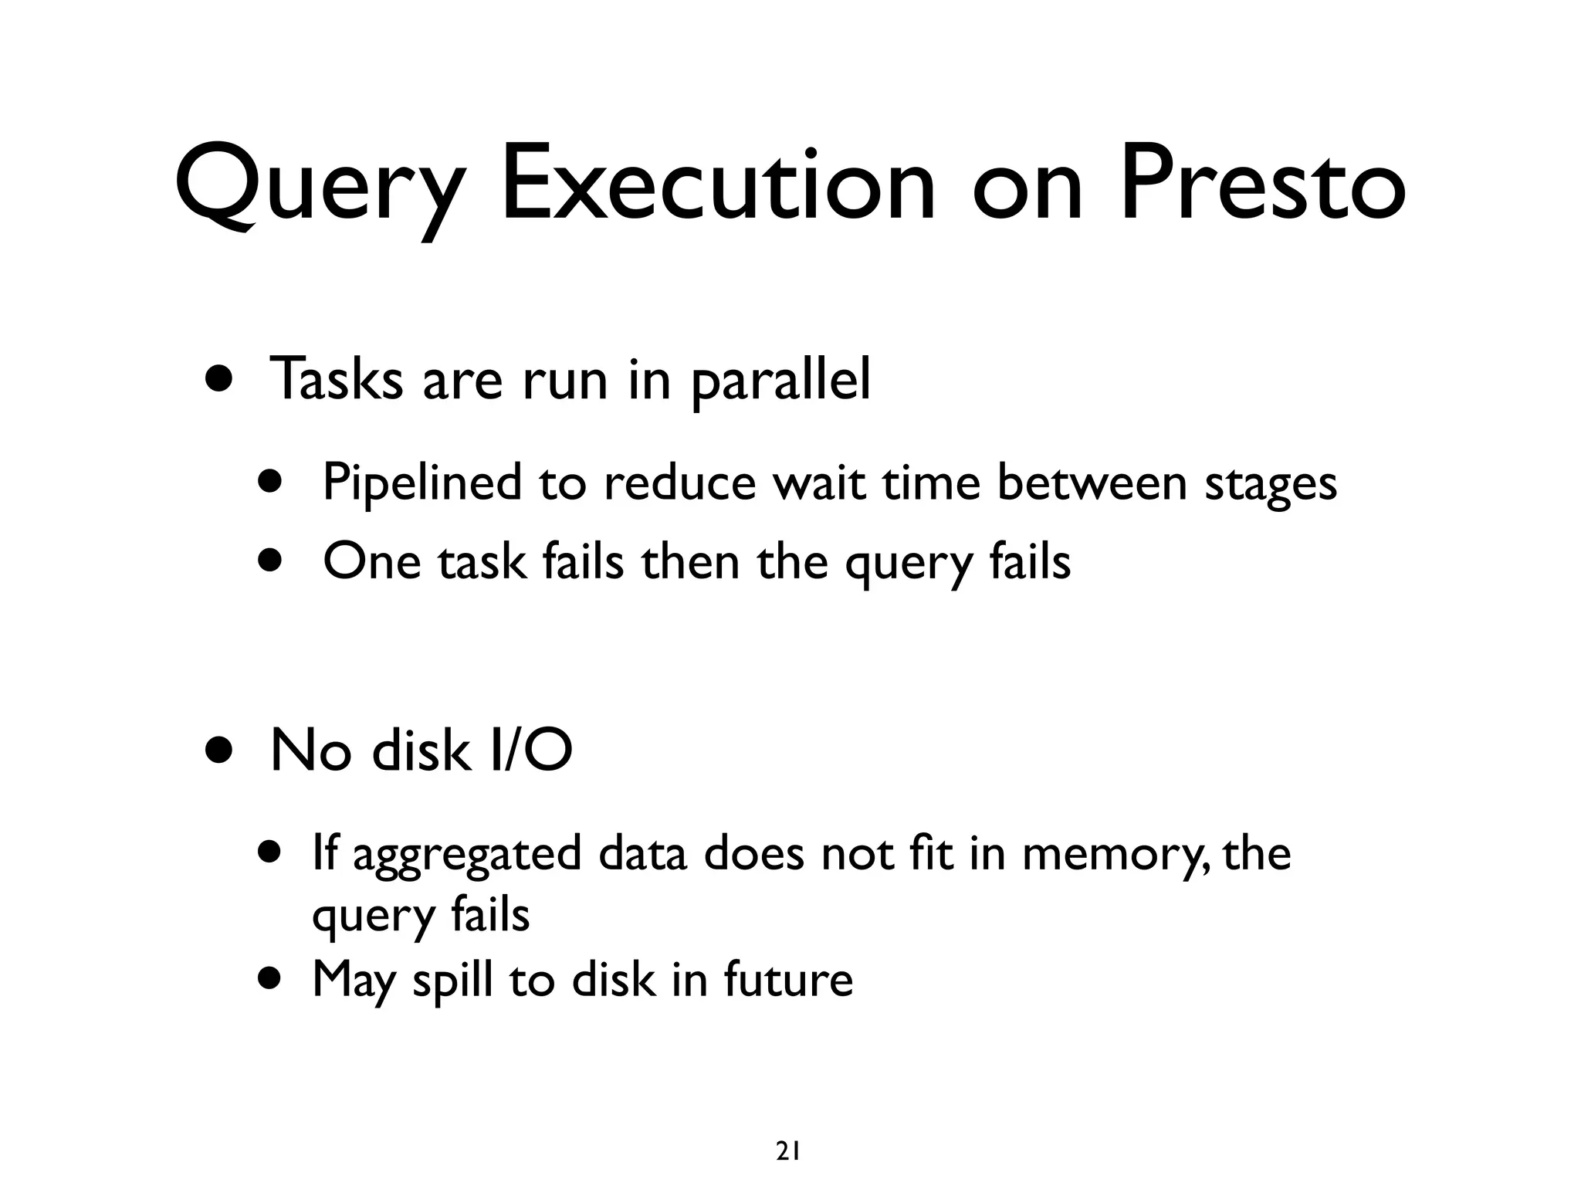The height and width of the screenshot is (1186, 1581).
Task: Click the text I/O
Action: (530, 751)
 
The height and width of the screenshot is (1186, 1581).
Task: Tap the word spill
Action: (452, 981)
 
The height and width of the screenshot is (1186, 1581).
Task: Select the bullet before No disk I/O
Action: (219, 750)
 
